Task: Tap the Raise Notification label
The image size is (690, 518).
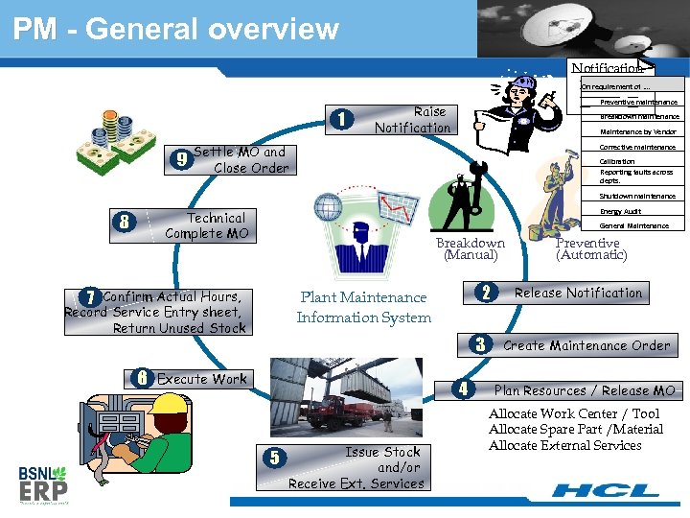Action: (x=412, y=120)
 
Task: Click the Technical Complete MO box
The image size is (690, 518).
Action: (x=207, y=226)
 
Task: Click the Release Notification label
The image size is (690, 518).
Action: (x=578, y=293)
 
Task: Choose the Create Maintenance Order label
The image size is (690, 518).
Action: (x=586, y=345)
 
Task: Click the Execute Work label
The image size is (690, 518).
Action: (x=201, y=379)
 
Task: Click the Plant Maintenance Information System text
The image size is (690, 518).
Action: (x=363, y=307)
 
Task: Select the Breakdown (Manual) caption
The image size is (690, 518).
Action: (x=470, y=248)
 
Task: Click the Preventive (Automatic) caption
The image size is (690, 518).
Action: (x=591, y=248)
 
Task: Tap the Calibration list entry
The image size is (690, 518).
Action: (x=617, y=162)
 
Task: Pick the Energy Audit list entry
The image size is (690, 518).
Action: (x=620, y=211)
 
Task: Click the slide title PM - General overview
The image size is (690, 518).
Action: (x=176, y=29)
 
